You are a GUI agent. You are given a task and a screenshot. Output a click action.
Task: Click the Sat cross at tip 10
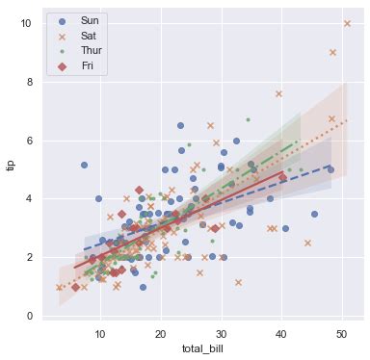click(347, 23)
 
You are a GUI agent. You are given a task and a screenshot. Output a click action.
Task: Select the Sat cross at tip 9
click(333, 53)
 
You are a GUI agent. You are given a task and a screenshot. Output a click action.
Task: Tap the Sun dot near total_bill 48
click(330, 169)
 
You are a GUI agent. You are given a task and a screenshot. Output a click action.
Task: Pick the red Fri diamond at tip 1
click(76, 287)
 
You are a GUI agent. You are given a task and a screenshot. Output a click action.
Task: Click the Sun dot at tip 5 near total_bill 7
click(84, 166)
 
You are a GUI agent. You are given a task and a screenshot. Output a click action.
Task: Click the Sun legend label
click(90, 20)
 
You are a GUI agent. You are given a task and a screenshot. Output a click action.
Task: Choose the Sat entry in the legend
click(89, 35)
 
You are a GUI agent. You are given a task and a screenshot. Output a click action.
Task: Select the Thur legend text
click(91, 50)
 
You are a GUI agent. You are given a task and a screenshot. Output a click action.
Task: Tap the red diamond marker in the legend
click(63, 65)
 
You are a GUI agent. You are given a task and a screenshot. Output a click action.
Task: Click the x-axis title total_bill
click(202, 347)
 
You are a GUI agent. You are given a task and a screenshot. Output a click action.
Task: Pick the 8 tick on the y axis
click(31, 82)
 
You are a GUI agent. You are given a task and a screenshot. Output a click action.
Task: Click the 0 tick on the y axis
click(31, 316)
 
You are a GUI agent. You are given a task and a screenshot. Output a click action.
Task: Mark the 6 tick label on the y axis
click(31, 141)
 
